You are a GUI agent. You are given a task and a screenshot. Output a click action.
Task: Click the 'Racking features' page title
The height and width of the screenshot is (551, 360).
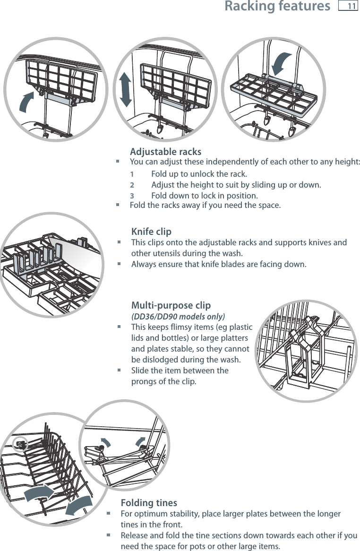click(277, 7)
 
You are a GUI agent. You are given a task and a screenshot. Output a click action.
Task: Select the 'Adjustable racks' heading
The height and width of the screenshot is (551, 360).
click(165, 152)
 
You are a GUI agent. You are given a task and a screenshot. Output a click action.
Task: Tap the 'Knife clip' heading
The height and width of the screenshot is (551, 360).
click(151, 232)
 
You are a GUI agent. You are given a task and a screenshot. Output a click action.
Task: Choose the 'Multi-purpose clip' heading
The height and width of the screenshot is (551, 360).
click(171, 305)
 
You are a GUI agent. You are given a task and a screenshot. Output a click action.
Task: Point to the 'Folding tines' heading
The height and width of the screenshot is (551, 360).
click(149, 502)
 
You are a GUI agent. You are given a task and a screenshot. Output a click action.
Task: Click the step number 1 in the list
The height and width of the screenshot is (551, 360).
click(132, 173)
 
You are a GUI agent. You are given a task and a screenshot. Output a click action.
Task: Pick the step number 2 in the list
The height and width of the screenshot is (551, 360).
click(132, 184)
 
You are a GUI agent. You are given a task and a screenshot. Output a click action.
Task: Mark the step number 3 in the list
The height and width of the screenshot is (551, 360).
click(132, 196)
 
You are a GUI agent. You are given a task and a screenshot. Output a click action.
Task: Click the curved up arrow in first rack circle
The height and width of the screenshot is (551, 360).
click(27, 102)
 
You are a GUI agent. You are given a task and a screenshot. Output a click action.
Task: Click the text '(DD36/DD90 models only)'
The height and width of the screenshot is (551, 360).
click(178, 316)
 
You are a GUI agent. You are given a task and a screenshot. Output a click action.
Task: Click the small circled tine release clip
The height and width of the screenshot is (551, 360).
click(21, 443)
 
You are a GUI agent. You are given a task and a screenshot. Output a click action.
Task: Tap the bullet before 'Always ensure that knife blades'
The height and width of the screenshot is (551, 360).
click(119, 264)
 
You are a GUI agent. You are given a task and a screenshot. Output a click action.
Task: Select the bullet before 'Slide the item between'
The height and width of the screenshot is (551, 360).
click(119, 371)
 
